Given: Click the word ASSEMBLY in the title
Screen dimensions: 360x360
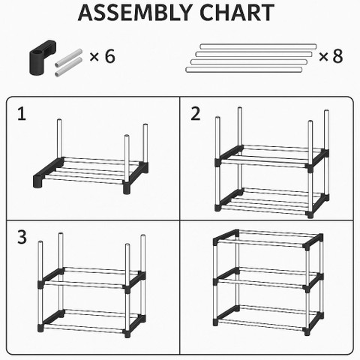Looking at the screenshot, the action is [135, 13].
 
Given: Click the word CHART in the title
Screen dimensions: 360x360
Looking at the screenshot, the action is [237, 13].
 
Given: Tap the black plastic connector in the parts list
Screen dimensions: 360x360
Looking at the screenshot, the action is [41, 58].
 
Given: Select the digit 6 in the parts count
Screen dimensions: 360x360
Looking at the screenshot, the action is [110, 56].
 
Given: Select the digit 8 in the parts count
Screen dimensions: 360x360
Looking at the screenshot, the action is [337, 56].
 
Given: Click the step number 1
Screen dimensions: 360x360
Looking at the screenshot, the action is [22, 114].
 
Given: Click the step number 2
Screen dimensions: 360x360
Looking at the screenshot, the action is [196, 114].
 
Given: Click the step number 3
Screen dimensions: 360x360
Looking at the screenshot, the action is [22, 237].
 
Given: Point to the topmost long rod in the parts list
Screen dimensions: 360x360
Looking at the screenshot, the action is [258, 46].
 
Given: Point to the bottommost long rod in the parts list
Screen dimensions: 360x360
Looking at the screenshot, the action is [244, 70].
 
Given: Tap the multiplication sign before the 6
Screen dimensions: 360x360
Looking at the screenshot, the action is [94, 57].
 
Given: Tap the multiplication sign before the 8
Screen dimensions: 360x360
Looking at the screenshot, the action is [323, 57].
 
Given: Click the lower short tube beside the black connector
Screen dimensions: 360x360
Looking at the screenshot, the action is [69, 67].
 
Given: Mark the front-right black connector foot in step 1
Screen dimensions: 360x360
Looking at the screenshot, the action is [127, 188].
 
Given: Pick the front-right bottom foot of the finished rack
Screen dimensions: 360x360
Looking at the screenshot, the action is [307, 331].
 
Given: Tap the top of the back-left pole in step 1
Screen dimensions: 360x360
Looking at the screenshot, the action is [59, 121].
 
